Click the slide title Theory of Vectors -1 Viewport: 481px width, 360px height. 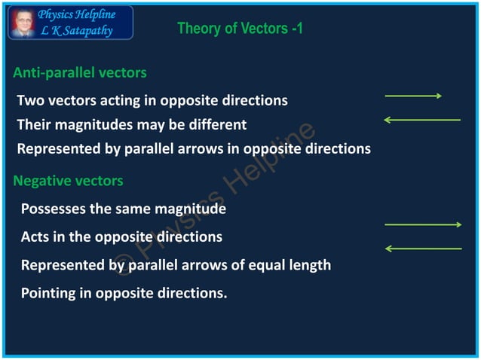(240, 29)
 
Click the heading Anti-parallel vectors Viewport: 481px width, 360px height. (80, 73)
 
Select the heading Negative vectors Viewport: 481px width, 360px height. (68, 181)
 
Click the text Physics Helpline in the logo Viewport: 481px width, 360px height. (77, 15)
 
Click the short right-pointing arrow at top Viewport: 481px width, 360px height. (413, 96)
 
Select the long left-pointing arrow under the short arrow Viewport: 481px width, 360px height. (421, 119)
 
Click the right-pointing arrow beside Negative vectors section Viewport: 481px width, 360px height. (422, 224)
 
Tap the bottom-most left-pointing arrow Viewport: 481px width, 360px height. (422, 248)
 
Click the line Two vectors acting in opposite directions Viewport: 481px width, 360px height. (152, 100)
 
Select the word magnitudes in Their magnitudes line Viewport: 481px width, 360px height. (98, 124)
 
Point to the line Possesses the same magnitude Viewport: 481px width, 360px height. (124, 209)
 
